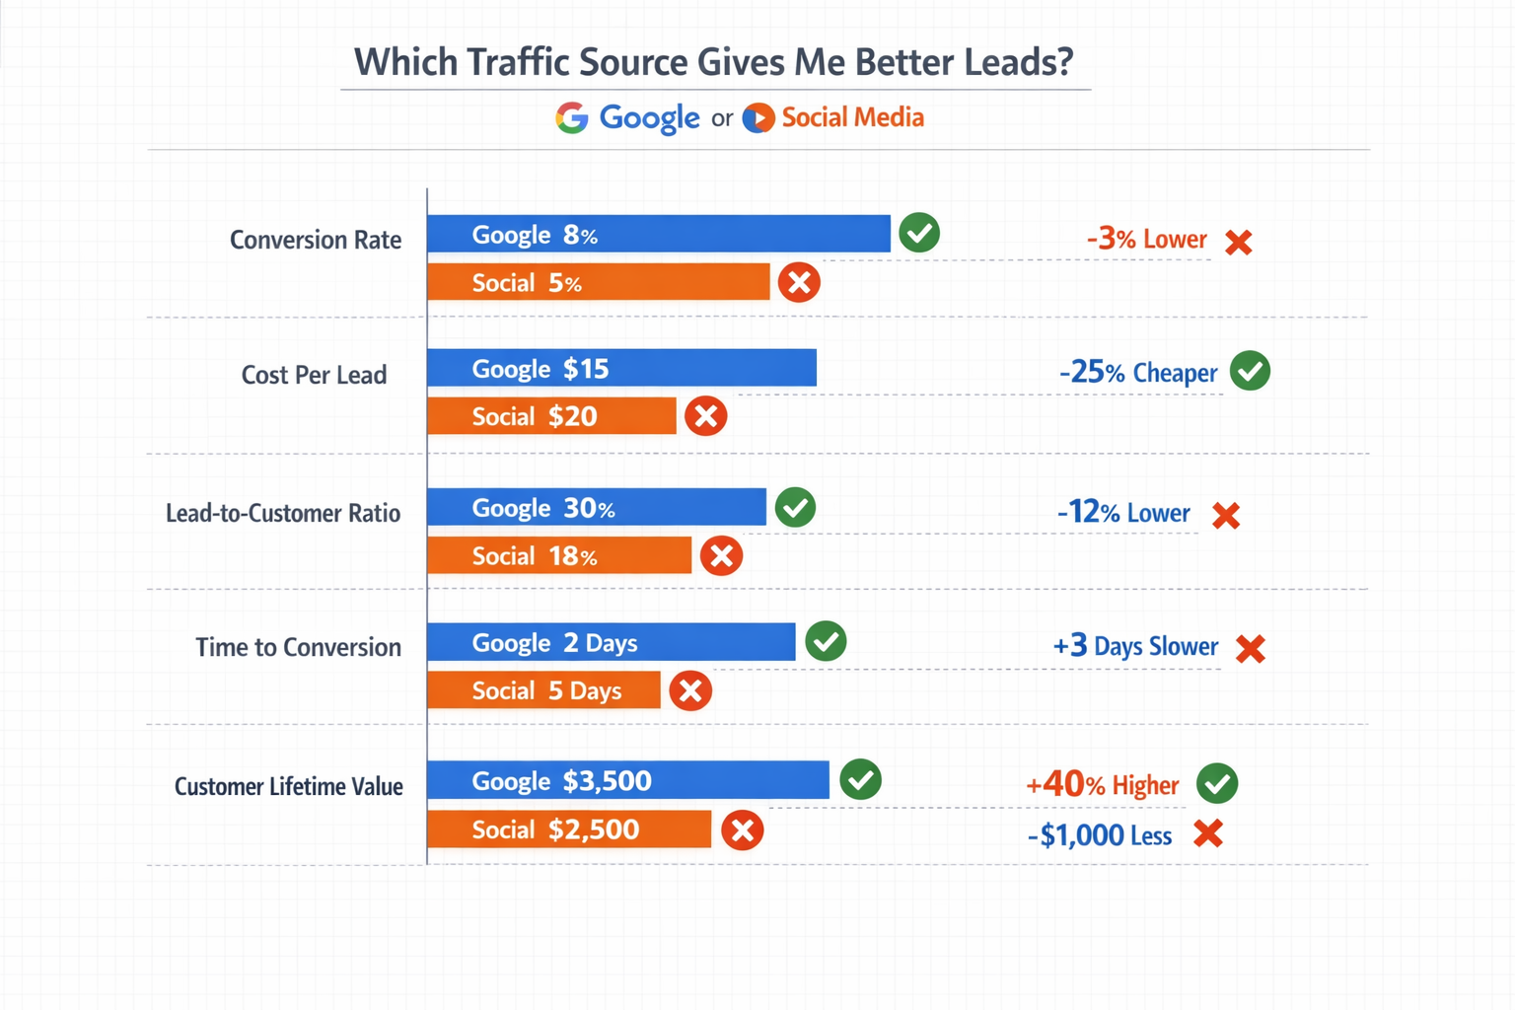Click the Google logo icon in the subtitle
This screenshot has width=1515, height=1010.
click(x=572, y=118)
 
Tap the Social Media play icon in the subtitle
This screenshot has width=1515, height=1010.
click(x=757, y=118)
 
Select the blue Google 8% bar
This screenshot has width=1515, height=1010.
click(x=658, y=235)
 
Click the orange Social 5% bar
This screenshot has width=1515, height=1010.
click(x=598, y=283)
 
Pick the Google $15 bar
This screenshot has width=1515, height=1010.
click(x=621, y=369)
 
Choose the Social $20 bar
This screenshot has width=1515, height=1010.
click(x=551, y=416)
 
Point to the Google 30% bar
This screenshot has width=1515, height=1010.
click(x=596, y=508)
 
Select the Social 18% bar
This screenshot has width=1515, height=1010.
click(x=559, y=556)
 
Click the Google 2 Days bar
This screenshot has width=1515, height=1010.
click(x=611, y=643)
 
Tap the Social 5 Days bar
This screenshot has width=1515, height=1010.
click(x=543, y=690)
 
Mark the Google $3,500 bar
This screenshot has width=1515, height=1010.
click(x=627, y=781)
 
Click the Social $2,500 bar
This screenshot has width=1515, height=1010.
click(x=569, y=830)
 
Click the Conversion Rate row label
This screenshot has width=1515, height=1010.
click(x=316, y=241)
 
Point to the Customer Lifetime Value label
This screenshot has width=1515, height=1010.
click(x=289, y=787)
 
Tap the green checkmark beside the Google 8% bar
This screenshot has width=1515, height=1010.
click(x=919, y=234)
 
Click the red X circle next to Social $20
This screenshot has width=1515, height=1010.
click(x=706, y=416)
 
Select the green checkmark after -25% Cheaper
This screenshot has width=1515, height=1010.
click(x=1251, y=372)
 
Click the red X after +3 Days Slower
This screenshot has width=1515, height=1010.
click(x=1251, y=649)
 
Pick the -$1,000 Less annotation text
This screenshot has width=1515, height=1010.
click(x=1100, y=836)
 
